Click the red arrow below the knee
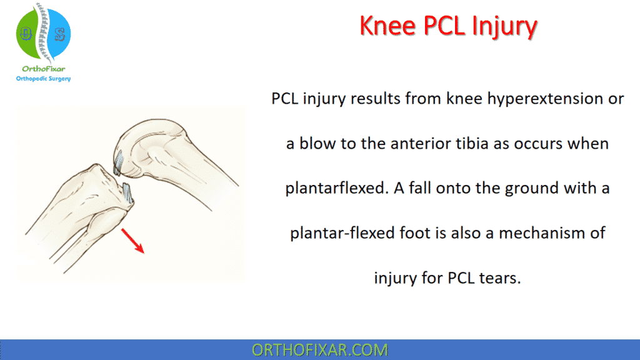pyautogui.click(x=132, y=240)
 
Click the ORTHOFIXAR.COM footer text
pyautogui.click(x=319, y=350)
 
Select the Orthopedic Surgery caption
pyautogui.click(x=43, y=79)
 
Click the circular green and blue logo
pyautogui.click(x=43, y=32)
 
